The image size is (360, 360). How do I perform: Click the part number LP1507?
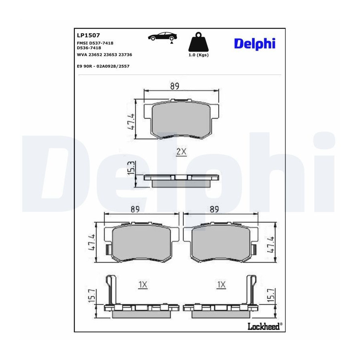click(88, 35)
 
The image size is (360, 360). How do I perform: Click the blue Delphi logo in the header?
click(255, 43)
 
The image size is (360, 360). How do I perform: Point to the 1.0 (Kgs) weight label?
click(198, 55)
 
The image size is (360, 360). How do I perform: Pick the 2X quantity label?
click(181, 152)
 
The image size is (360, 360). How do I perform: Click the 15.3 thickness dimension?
click(131, 168)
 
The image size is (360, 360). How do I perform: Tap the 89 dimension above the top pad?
click(175, 86)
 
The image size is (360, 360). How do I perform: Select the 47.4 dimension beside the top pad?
click(131, 122)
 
